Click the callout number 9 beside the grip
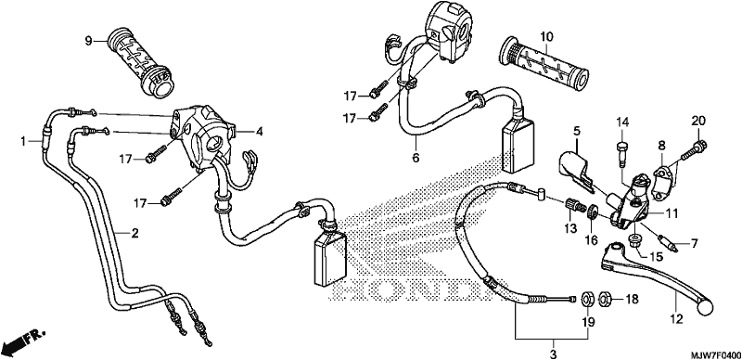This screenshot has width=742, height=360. click(x=88, y=41)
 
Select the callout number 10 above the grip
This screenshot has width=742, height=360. click(x=545, y=35)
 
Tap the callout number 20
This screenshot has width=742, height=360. click(x=698, y=121)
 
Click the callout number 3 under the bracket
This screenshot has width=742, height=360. click(x=553, y=354)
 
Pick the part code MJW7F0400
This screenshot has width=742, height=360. click(x=714, y=355)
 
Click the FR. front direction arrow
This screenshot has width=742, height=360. click(x=24, y=339)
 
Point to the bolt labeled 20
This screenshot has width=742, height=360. click(x=692, y=149)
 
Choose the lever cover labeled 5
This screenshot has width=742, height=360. click(x=576, y=171)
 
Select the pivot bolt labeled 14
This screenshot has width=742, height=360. click(x=621, y=153)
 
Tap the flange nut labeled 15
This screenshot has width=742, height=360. click(x=635, y=240)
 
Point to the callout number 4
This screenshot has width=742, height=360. click(x=259, y=132)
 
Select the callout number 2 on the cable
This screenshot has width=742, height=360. click(x=134, y=233)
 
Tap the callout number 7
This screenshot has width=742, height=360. click(x=694, y=244)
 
